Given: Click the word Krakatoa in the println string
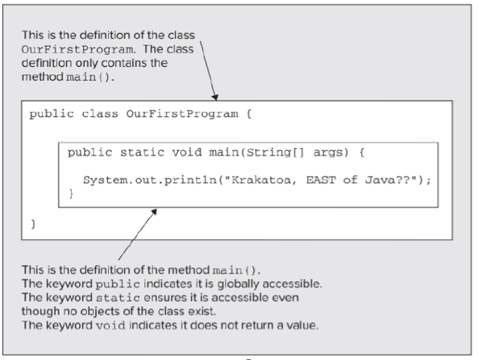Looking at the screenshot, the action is pos(261,180).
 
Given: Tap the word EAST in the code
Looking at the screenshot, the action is pos(321,180).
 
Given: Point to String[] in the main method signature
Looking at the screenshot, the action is pos(276,152).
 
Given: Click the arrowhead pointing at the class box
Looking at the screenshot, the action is pos(215,97).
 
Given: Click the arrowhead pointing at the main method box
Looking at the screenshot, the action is pos(154,212).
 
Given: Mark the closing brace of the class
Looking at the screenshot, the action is pos(33,224).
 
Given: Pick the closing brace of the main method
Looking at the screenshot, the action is pos(71,193).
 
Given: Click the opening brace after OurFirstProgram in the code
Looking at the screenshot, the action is pos(249,114).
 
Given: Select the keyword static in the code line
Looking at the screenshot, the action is pos(142,152).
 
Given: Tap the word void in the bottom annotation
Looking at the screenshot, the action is pos(110,325).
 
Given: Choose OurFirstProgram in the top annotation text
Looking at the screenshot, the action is pos(77,49).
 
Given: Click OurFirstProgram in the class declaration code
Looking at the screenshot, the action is pos(182,114).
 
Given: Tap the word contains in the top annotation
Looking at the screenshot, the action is pos(125,63).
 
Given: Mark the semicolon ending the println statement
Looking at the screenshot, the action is pos(429,180).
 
